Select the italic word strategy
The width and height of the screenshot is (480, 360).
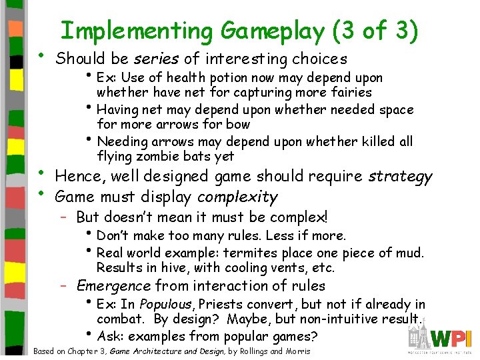coord(399,177)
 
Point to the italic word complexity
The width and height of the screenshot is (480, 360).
coord(237,197)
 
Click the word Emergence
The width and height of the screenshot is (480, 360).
coord(114,286)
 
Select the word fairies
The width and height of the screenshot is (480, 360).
coord(349,92)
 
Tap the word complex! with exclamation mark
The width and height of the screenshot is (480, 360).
coord(297,217)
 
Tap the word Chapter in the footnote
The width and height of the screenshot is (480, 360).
coord(82,351)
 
